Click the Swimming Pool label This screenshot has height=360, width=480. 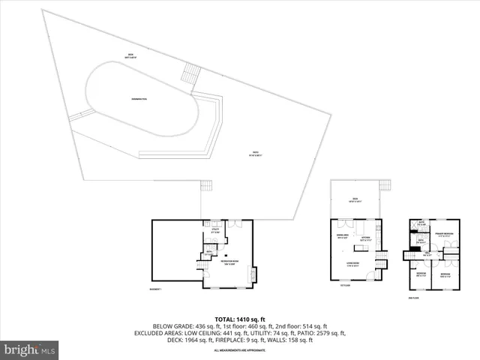(138, 98)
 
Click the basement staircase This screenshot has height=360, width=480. (211, 245)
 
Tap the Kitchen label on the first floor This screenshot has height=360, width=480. (365, 238)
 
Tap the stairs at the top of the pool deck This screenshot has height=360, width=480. (193, 73)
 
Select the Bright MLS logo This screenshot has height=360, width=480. (30, 349)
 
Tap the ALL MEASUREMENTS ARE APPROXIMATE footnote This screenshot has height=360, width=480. (240, 350)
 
